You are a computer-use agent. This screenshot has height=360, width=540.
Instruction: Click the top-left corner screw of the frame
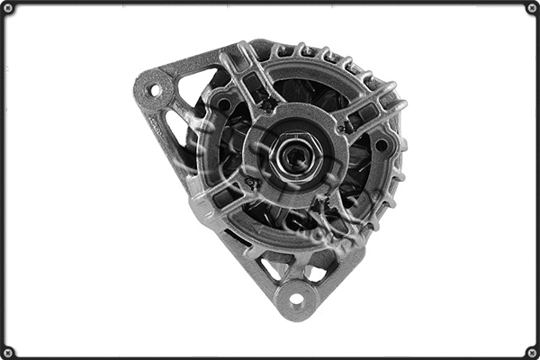click(x=7, y=7)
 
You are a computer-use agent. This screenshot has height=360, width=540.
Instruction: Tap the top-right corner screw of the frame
click(x=532, y=7)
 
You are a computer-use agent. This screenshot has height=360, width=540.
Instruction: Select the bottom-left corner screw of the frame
click(x=7, y=352)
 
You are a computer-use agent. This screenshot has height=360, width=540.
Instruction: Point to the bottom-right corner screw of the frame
click(x=532, y=352)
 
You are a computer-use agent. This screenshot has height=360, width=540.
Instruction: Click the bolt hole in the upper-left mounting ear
click(x=155, y=90)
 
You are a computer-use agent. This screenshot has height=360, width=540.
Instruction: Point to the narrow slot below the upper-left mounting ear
click(x=174, y=122)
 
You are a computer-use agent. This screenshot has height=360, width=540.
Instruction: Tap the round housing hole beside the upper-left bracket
click(x=221, y=104)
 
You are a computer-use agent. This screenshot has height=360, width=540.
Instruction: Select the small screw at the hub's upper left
click(x=267, y=105)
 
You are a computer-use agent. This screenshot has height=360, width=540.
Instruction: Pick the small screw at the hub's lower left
click(x=254, y=184)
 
